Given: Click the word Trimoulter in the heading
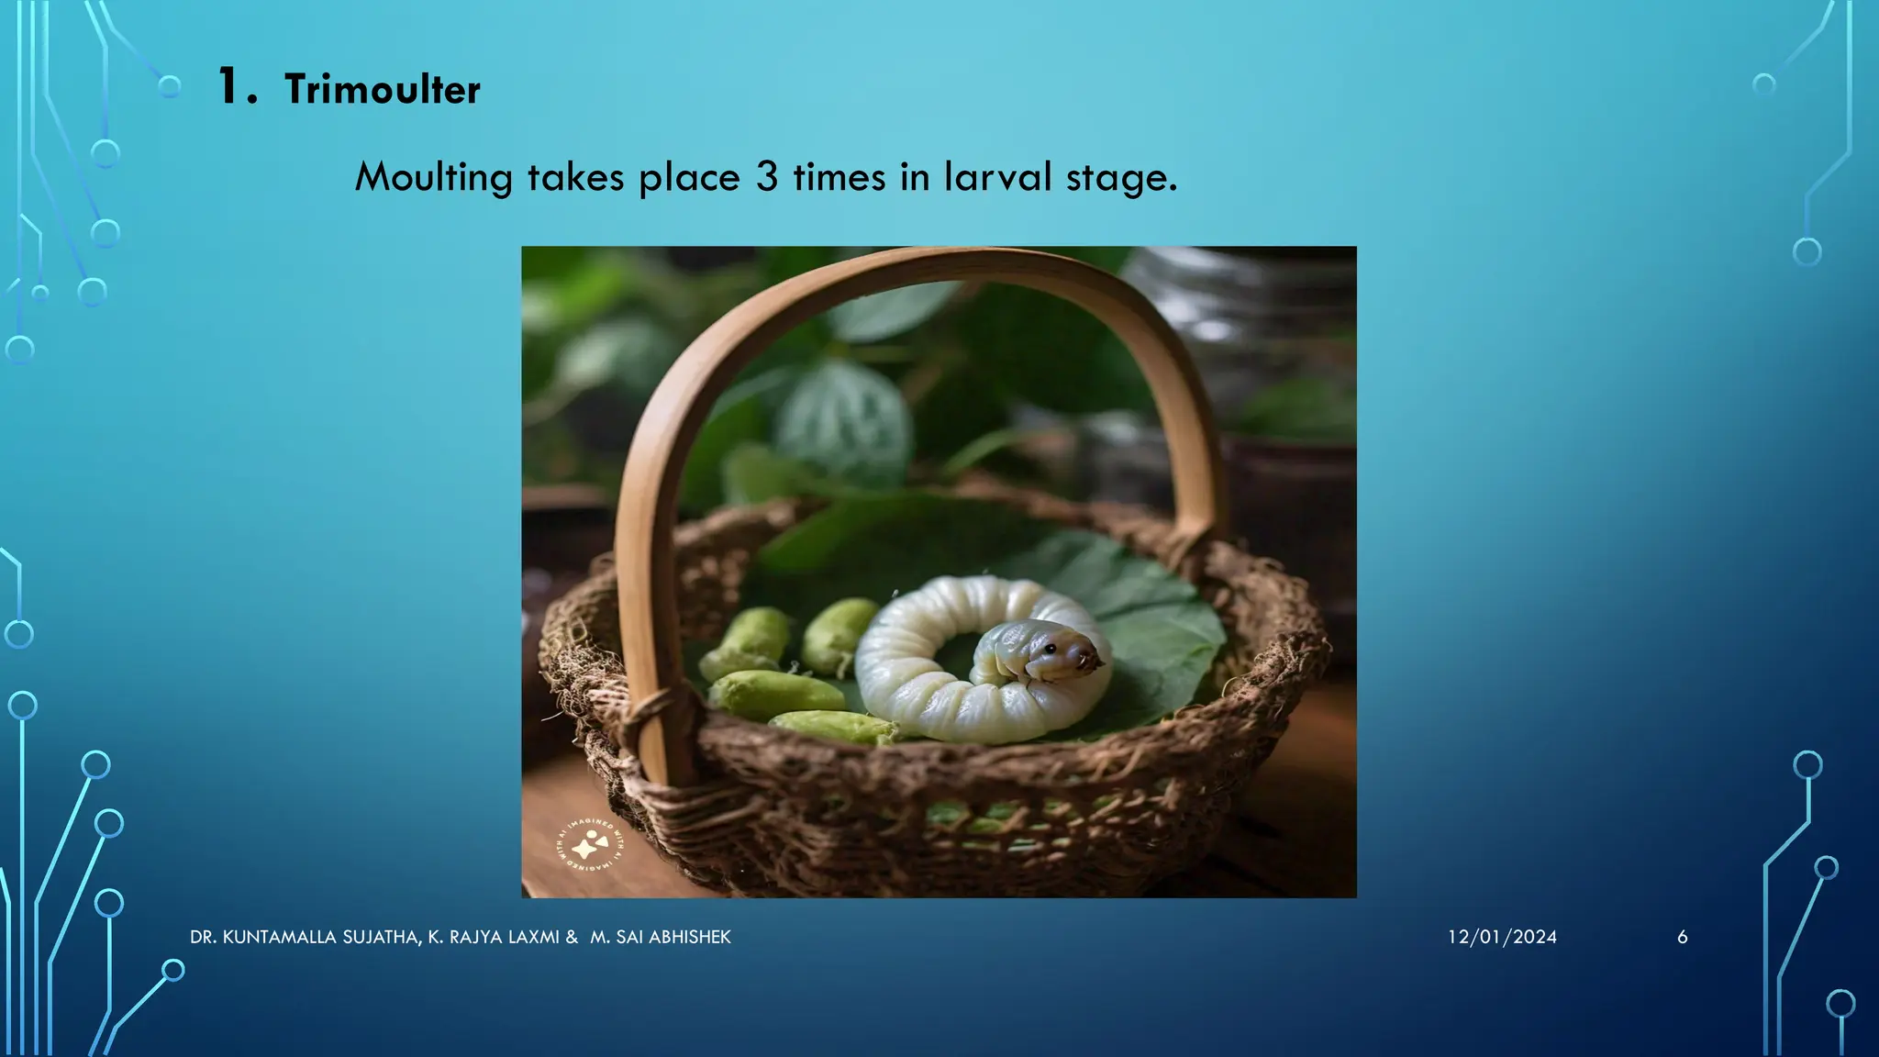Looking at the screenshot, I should (x=382, y=90).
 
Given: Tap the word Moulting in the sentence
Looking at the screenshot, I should (x=433, y=177).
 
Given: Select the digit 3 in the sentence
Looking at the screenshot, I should (x=767, y=177).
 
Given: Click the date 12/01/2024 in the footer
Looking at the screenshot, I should (x=1502, y=937).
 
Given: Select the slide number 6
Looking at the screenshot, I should (x=1682, y=937).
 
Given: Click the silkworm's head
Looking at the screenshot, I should (x=1064, y=652).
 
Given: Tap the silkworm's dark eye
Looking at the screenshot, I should (x=1050, y=649).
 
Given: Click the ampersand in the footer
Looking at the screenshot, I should (x=572, y=937).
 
